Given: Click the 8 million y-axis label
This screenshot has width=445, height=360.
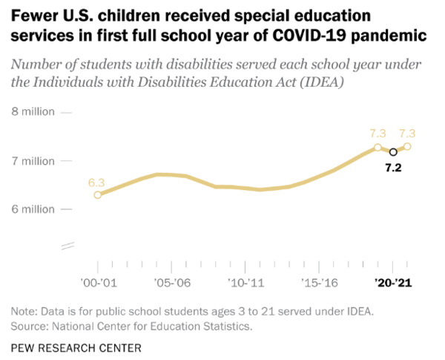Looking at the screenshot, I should click(x=33, y=112).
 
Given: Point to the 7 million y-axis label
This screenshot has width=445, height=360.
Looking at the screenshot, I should click(x=33, y=160).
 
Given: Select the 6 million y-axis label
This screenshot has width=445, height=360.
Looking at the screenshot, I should click(x=33, y=209).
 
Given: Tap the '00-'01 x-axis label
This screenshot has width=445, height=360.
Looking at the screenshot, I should click(x=97, y=283).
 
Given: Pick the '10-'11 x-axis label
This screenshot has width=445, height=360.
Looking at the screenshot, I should click(x=245, y=283).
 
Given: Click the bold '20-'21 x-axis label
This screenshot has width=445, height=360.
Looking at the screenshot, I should click(x=393, y=283).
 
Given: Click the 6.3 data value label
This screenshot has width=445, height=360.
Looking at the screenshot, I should click(x=96, y=181).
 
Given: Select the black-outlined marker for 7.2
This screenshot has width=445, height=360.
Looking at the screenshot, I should click(x=393, y=151).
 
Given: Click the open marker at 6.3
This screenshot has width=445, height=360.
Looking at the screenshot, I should click(x=97, y=194).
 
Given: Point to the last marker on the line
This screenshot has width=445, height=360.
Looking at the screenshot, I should click(x=407, y=146).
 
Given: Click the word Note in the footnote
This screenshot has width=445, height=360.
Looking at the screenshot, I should click(x=24, y=310).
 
